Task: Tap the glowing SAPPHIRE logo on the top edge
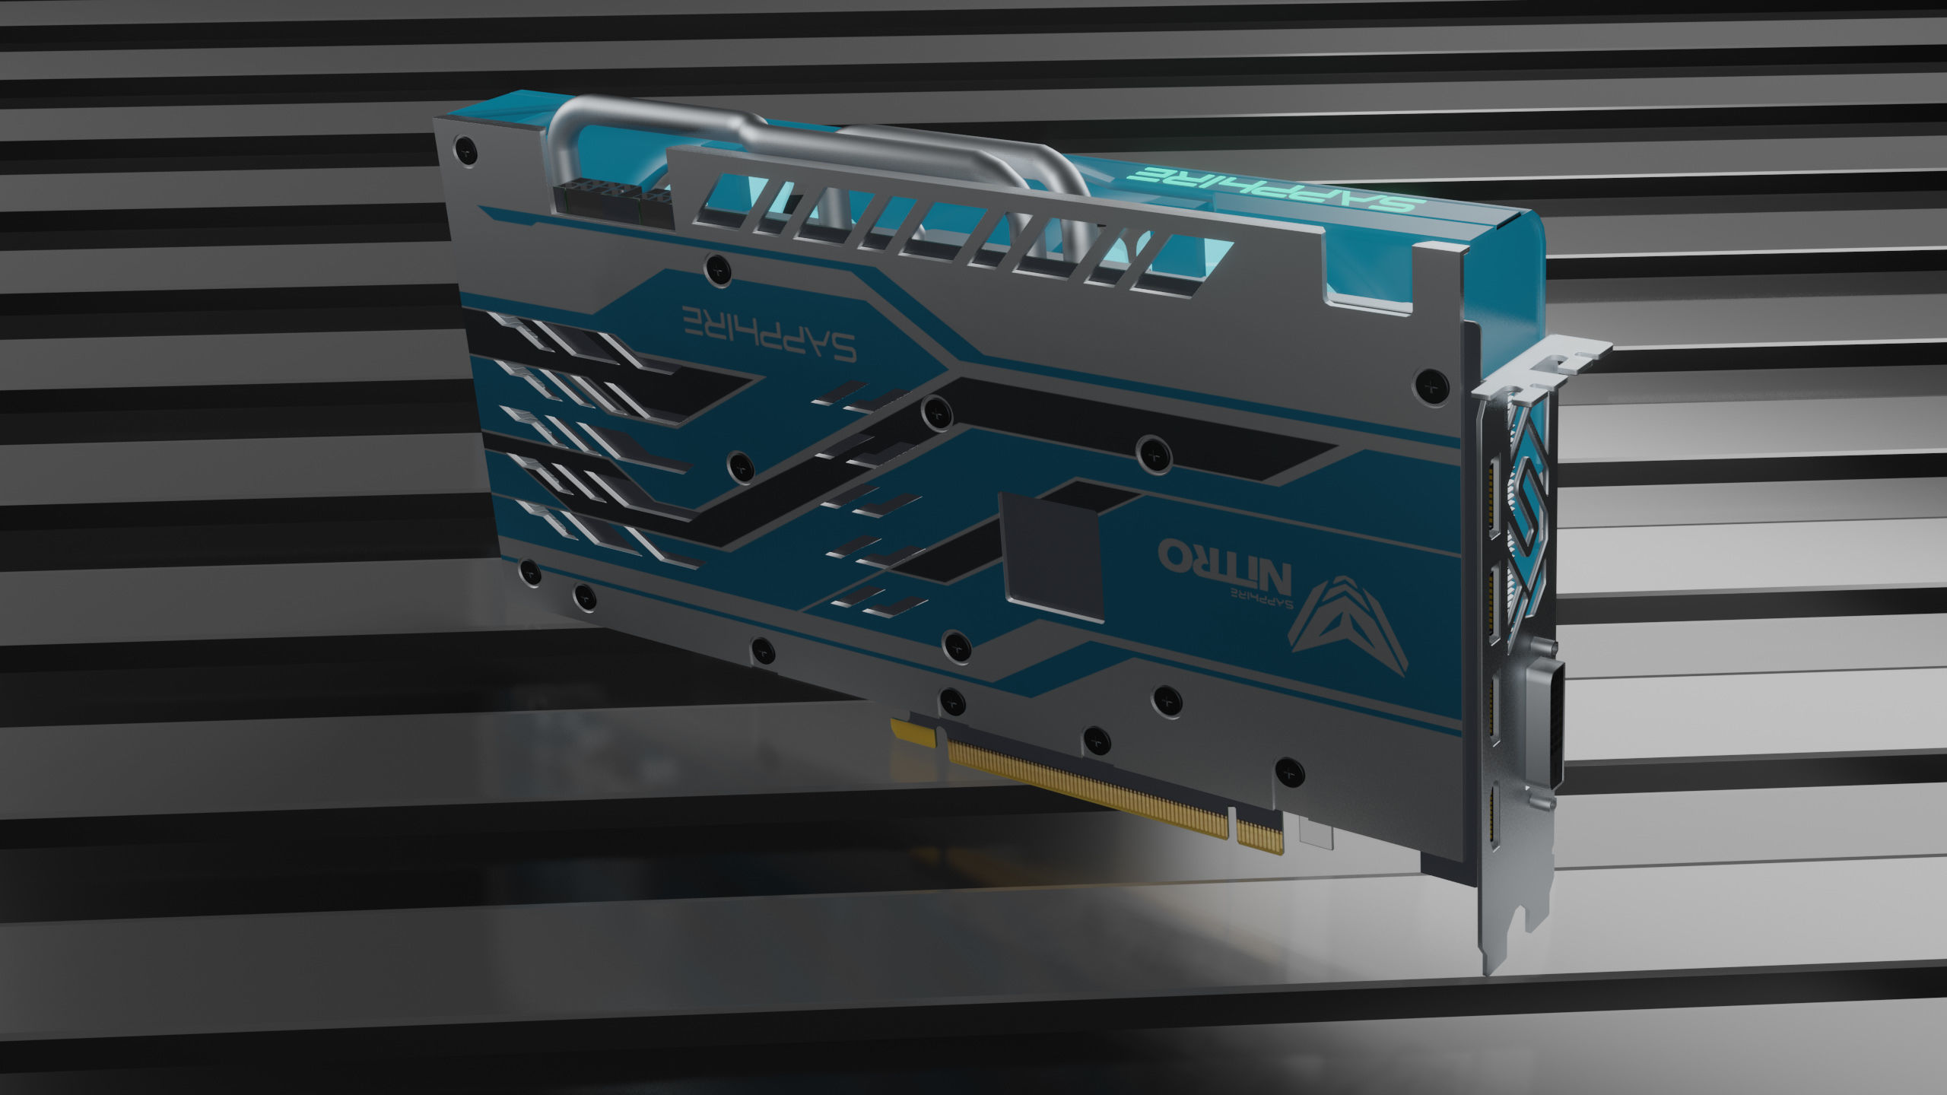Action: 1202,188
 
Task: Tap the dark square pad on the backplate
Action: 1053,554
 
